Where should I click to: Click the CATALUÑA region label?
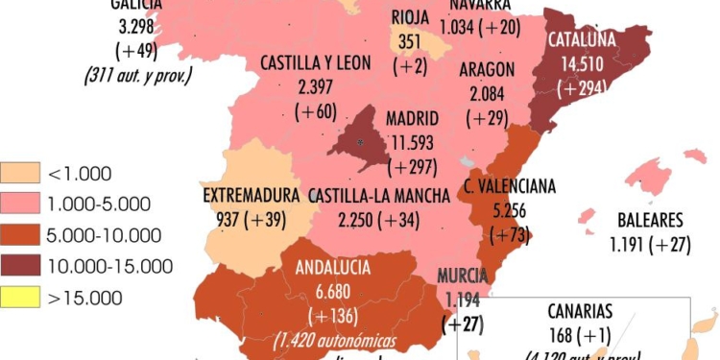(x=582, y=41)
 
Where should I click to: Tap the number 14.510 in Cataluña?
(x=582, y=65)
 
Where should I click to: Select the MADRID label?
(x=412, y=119)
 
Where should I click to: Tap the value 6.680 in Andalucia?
(x=333, y=292)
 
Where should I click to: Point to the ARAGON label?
(x=488, y=70)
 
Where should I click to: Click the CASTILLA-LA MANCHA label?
(x=379, y=196)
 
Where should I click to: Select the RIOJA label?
(x=410, y=15)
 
